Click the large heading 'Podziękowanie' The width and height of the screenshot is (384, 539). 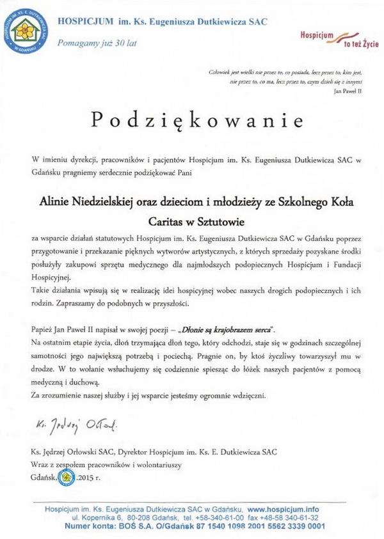click(x=191, y=120)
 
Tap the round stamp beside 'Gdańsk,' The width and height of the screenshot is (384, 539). click(x=66, y=477)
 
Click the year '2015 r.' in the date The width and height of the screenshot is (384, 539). click(x=88, y=478)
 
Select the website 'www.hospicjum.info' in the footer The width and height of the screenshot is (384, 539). click(x=283, y=509)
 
